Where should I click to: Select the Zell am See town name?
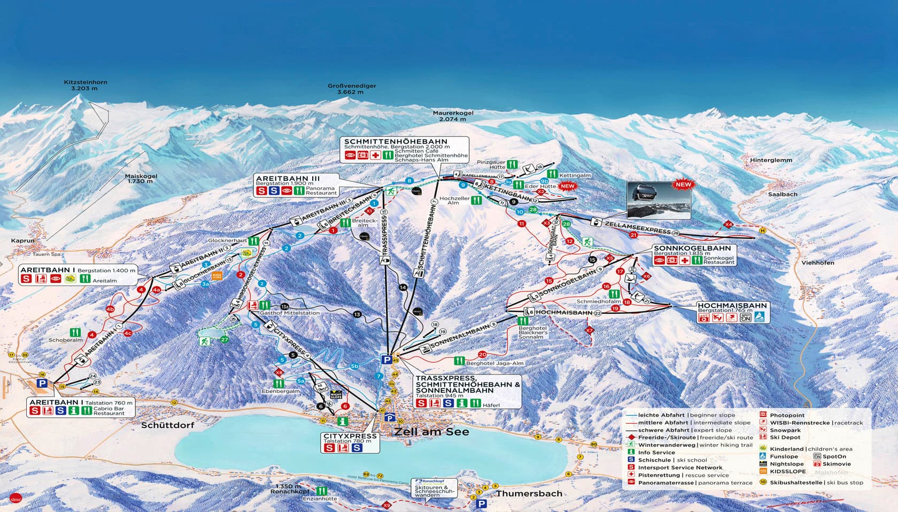click(x=432, y=431)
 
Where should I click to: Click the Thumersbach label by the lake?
click(x=529, y=493)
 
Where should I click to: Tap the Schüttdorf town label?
click(x=167, y=425)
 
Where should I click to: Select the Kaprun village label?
click(x=22, y=241)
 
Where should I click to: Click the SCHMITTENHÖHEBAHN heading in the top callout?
click(x=396, y=141)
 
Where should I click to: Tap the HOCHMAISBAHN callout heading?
click(x=732, y=305)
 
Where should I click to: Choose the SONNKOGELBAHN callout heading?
click(x=692, y=249)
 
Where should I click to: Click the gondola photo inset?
click(x=658, y=200)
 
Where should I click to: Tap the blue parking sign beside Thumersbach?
click(x=482, y=503)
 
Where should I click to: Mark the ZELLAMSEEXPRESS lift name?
click(x=637, y=227)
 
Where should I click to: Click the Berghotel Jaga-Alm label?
click(x=494, y=363)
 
